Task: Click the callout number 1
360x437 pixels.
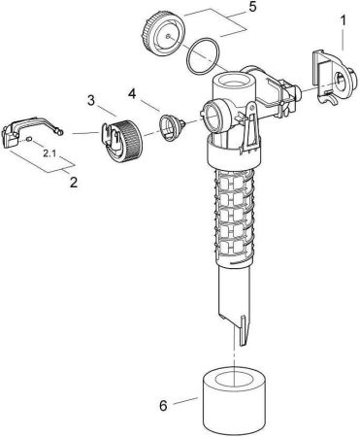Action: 342,18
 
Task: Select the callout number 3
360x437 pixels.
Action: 89,101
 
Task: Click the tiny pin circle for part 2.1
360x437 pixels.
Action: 31,141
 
